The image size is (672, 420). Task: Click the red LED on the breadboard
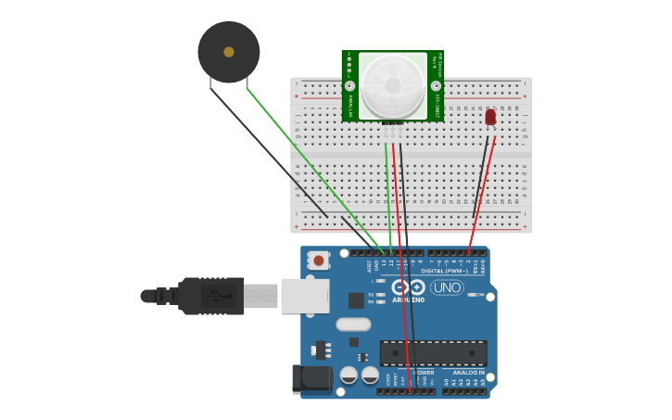pos(490,117)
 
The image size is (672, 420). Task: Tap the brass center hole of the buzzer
pos(229,52)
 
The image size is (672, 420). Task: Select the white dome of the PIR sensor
pos(393,85)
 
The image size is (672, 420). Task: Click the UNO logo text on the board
pos(447,287)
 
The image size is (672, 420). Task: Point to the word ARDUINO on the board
pos(408,299)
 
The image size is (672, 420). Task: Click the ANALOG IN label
pos(469,373)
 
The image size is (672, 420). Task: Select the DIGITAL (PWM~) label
pos(444,271)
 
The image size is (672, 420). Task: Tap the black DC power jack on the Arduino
pos(311,378)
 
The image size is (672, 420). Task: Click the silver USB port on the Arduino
pos(305,296)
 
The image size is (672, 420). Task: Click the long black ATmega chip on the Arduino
pos(433,353)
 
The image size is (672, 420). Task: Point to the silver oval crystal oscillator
pos(353,325)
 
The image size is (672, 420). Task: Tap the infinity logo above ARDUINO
pos(408,287)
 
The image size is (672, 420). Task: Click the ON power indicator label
pos(481,295)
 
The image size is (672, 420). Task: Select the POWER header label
pos(412,373)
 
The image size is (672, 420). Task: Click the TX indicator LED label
pos(371,295)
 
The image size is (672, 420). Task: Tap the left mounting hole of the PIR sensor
pos(349,85)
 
